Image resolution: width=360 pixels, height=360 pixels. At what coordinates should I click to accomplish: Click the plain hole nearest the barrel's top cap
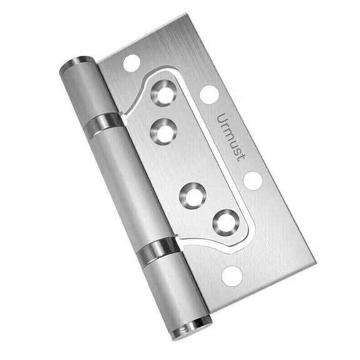(131, 62)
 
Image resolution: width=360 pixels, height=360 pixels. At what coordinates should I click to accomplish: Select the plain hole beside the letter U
(209, 94)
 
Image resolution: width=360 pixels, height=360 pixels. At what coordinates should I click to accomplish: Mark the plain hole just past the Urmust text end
(252, 181)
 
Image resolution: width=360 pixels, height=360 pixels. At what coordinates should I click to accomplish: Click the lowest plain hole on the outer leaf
(231, 276)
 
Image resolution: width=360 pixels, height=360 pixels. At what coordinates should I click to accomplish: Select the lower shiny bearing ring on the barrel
(156, 250)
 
